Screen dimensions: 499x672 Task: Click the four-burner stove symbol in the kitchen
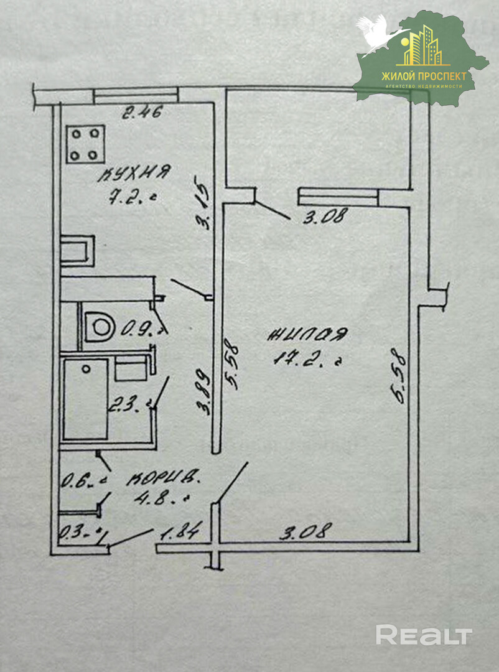click(86, 144)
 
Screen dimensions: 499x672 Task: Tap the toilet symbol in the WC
click(99, 325)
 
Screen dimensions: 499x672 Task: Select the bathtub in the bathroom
click(85, 399)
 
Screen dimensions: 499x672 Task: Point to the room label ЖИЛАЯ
click(306, 336)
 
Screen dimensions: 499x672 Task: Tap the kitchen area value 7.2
click(130, 199)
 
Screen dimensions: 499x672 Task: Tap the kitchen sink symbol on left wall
click(78, 251)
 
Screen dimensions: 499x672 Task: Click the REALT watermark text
click(423, 635)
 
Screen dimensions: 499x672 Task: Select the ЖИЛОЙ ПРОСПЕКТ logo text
click(426, 76)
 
